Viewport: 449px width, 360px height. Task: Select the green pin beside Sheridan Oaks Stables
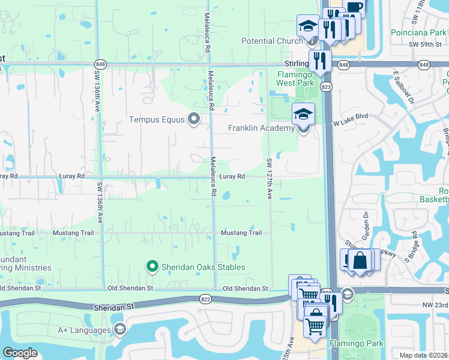(x=152, y=266)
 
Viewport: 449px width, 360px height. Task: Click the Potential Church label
(x=271, y=41)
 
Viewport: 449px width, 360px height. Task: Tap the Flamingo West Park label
(x=295, y=78)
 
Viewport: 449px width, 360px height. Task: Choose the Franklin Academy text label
(x=261, y=128)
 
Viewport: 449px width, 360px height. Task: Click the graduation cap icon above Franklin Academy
(x=303, y=114)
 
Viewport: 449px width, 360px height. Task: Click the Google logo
(x=20, y=352)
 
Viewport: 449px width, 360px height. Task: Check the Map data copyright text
(x=424, y=355)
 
